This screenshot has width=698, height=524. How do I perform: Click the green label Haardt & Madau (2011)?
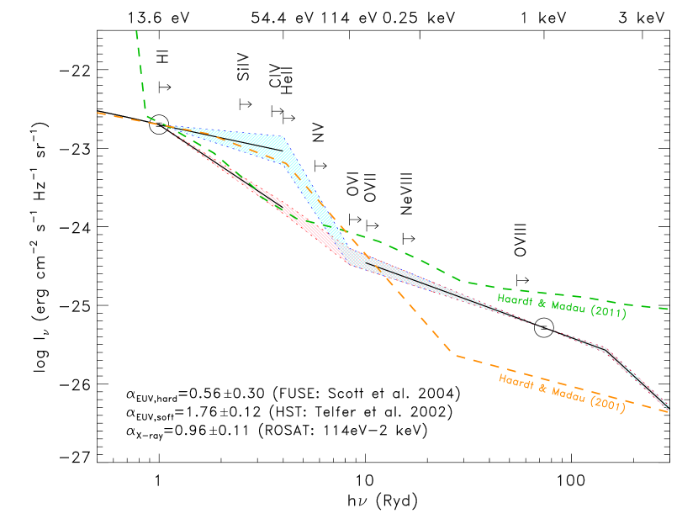[x=562, y=306]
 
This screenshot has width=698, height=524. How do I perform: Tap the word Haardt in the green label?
[x=515, y=299]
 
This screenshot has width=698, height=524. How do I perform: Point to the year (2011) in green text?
[x=610, y=313]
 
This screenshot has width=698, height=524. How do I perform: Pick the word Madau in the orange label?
[x=568, y=394]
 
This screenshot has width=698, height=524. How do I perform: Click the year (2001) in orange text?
[x=609, y=405]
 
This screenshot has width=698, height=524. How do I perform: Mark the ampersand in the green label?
[x=540, y=303]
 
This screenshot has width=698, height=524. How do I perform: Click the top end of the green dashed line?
[x=136, y=31]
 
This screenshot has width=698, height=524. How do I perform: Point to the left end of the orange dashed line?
[x=98, y=112]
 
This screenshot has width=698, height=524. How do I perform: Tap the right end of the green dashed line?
[x=668, y=309]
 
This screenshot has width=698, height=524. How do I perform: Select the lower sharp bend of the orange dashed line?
[x=457, y=356]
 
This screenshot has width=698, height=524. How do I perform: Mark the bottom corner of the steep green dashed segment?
[x=146, y=110]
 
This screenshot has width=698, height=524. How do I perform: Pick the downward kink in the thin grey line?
[x=605, y=348]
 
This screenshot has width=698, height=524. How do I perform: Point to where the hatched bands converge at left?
[x=166, y=126]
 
